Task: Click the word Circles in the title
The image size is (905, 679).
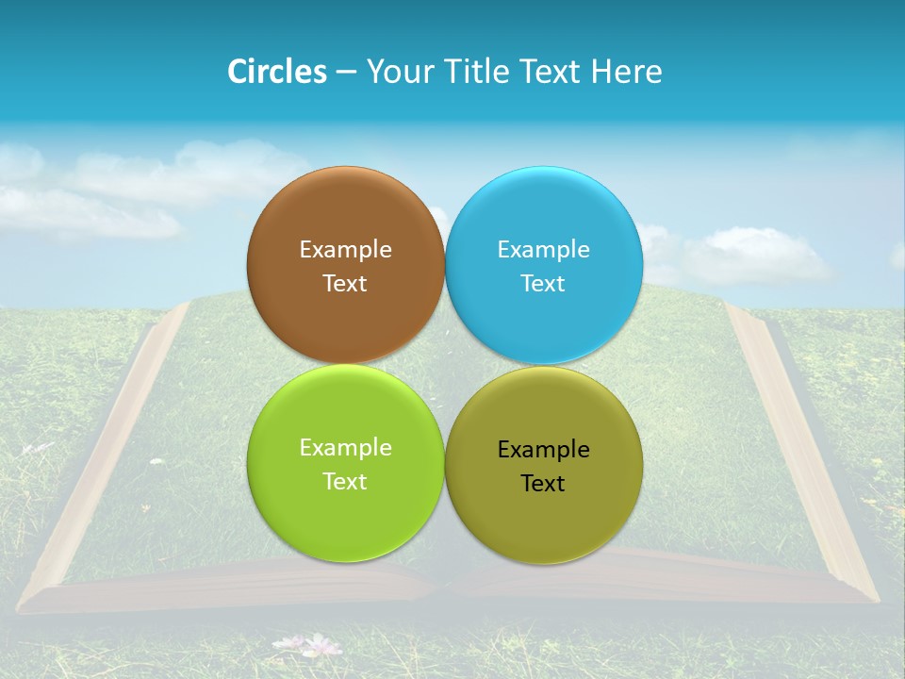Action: (277, 72)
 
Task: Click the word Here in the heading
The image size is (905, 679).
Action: (626, 72)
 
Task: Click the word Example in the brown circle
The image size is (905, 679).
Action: (345, 250)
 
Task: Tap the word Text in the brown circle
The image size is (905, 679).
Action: (345, 284)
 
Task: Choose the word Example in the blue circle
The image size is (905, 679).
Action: (543, 250)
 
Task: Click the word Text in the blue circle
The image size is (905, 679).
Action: (543, 284)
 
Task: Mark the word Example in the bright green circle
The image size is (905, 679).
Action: (345, 448)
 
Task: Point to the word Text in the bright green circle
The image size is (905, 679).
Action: (345, 482)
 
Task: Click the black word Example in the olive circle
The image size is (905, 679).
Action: (543, 450)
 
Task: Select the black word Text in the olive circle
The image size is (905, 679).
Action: (543, 484)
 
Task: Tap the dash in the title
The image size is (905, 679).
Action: (346, 73)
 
